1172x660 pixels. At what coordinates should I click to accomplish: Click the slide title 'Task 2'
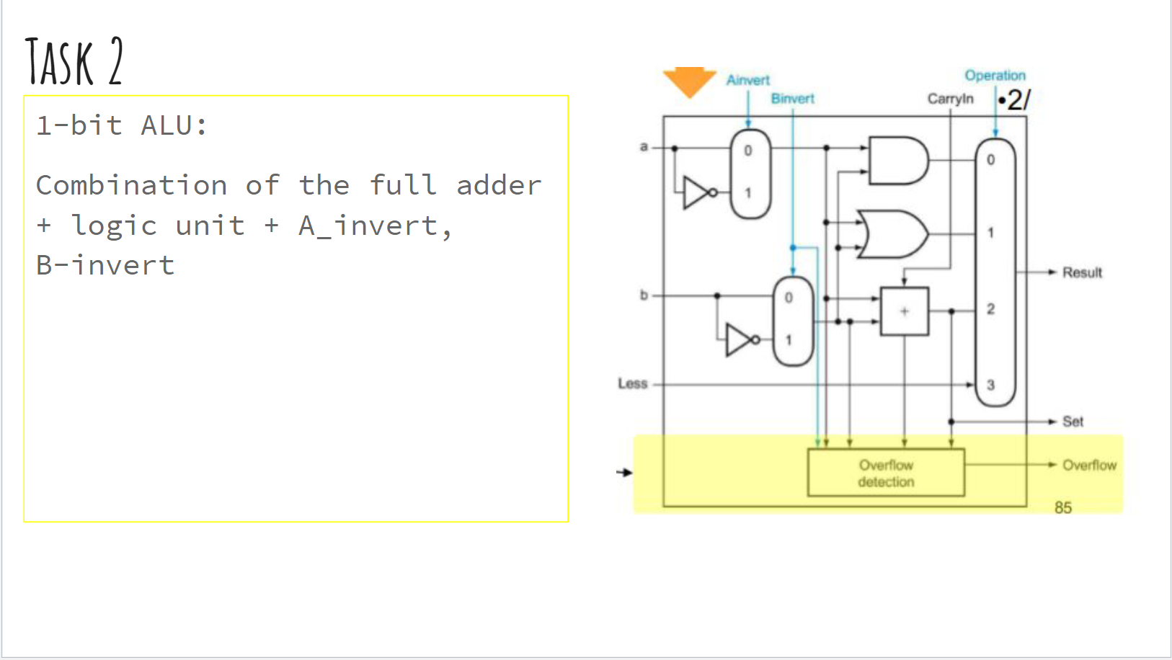[74, 62]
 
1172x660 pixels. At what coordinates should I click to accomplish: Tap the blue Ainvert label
[747, 80]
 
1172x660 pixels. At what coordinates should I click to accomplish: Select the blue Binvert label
[792, 99]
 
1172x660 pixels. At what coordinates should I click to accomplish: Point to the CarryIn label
[950, 99]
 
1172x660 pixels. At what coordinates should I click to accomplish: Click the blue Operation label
[995, 76]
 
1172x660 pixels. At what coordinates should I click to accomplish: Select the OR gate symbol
[892, 234]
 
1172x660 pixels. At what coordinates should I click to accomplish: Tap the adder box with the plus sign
[905, 311]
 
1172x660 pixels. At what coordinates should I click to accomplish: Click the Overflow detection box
[886, 473]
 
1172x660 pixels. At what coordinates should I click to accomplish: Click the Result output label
[1081, 272]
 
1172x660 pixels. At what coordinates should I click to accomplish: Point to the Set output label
[1073, 422]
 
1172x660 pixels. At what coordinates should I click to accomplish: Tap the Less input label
[632, 383]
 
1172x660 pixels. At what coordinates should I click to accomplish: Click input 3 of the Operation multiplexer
[990, 385]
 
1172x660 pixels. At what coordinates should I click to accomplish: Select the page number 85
[1062, 507]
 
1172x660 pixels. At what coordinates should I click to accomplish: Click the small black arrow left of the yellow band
[624, 473]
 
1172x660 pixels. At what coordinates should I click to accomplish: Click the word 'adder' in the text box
[499, 185]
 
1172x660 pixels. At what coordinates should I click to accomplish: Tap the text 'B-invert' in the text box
[105, 265]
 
